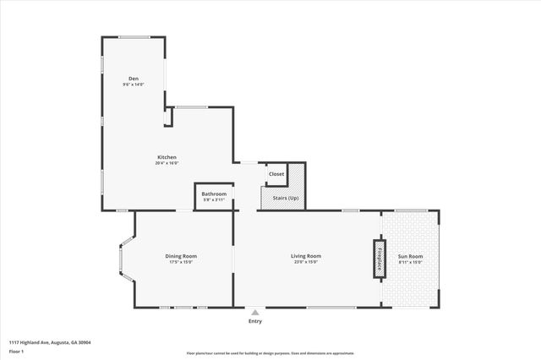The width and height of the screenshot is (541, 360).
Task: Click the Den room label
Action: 134,79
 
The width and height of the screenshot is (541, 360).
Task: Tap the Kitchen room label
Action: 167,156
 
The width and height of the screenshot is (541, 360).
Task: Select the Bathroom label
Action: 214,194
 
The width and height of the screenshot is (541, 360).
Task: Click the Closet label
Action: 276,174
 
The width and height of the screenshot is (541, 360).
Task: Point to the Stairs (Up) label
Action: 282,198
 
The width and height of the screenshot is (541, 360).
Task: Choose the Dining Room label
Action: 181,256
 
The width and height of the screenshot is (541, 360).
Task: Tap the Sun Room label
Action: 411,256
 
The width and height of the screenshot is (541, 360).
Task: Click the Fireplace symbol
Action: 379,257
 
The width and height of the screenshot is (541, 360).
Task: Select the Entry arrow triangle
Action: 255,312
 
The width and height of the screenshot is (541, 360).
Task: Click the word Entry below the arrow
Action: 255,321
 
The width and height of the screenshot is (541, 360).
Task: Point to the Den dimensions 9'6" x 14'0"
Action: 134,85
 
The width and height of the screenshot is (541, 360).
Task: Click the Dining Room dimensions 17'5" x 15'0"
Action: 181,262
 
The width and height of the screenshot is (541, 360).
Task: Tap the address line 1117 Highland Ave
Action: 50,342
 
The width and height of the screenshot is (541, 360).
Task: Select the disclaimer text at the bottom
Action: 270,352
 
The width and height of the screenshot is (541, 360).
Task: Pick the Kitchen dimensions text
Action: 167,162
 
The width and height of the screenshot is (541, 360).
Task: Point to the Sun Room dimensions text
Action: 411,262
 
